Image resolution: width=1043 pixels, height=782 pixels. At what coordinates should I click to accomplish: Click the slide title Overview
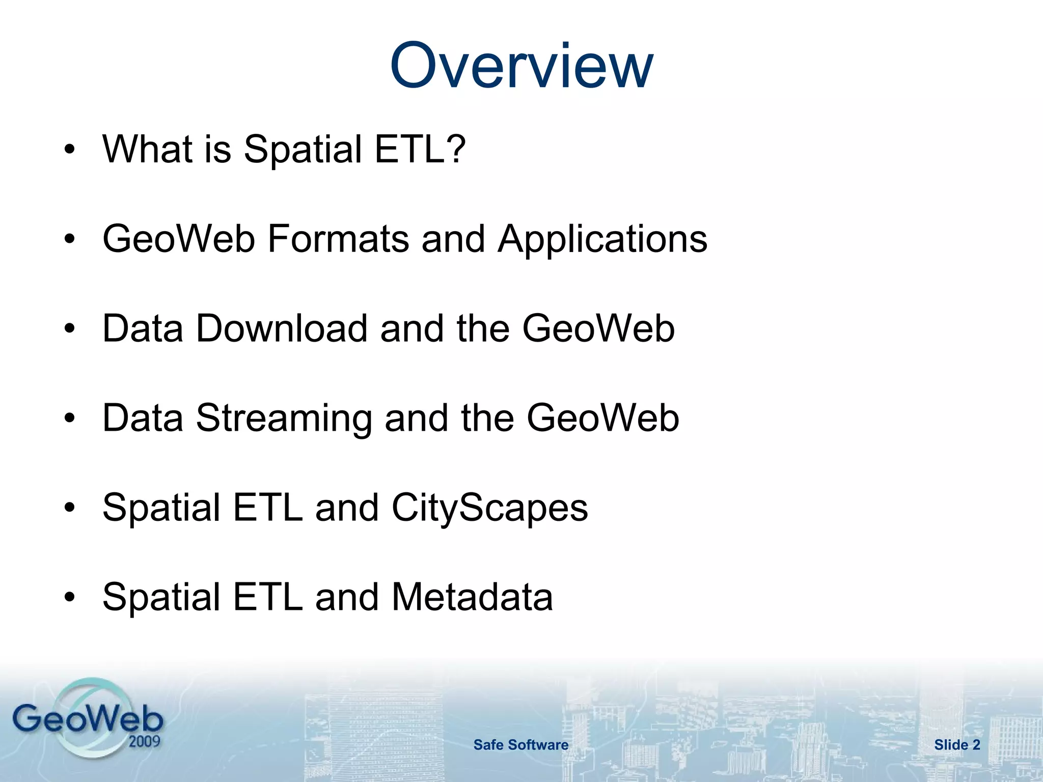coord(521,66)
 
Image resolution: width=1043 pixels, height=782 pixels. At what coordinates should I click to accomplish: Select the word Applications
coord(602,239)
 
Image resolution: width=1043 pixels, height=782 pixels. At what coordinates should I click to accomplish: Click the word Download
coord(281,328)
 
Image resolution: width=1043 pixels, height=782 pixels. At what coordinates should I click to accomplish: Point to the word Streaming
coord(284,418)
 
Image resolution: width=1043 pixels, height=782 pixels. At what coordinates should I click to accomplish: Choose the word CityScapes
coord(489,508)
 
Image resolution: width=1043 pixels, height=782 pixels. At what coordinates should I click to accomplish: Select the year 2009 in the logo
coord(144,741)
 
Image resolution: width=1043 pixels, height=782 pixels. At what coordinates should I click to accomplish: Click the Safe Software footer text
coord(520,745)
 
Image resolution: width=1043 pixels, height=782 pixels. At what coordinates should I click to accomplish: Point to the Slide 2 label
coord(957,745)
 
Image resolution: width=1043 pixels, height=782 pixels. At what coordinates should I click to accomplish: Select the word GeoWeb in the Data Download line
coord(598,328)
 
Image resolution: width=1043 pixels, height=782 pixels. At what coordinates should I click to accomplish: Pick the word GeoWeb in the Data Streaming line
coord(602,418)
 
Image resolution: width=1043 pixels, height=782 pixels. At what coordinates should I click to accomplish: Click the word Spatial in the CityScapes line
coord(161,508)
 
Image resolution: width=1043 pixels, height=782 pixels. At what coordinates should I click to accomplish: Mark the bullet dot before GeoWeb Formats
coord(70,239)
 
